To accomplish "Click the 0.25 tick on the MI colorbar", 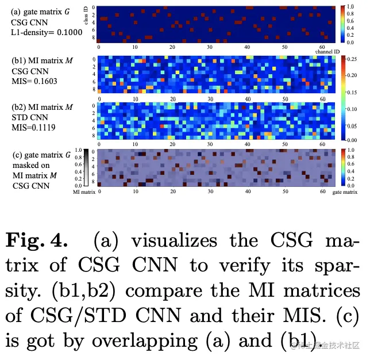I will point(353,59).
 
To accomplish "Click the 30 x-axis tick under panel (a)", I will point(210,47).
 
